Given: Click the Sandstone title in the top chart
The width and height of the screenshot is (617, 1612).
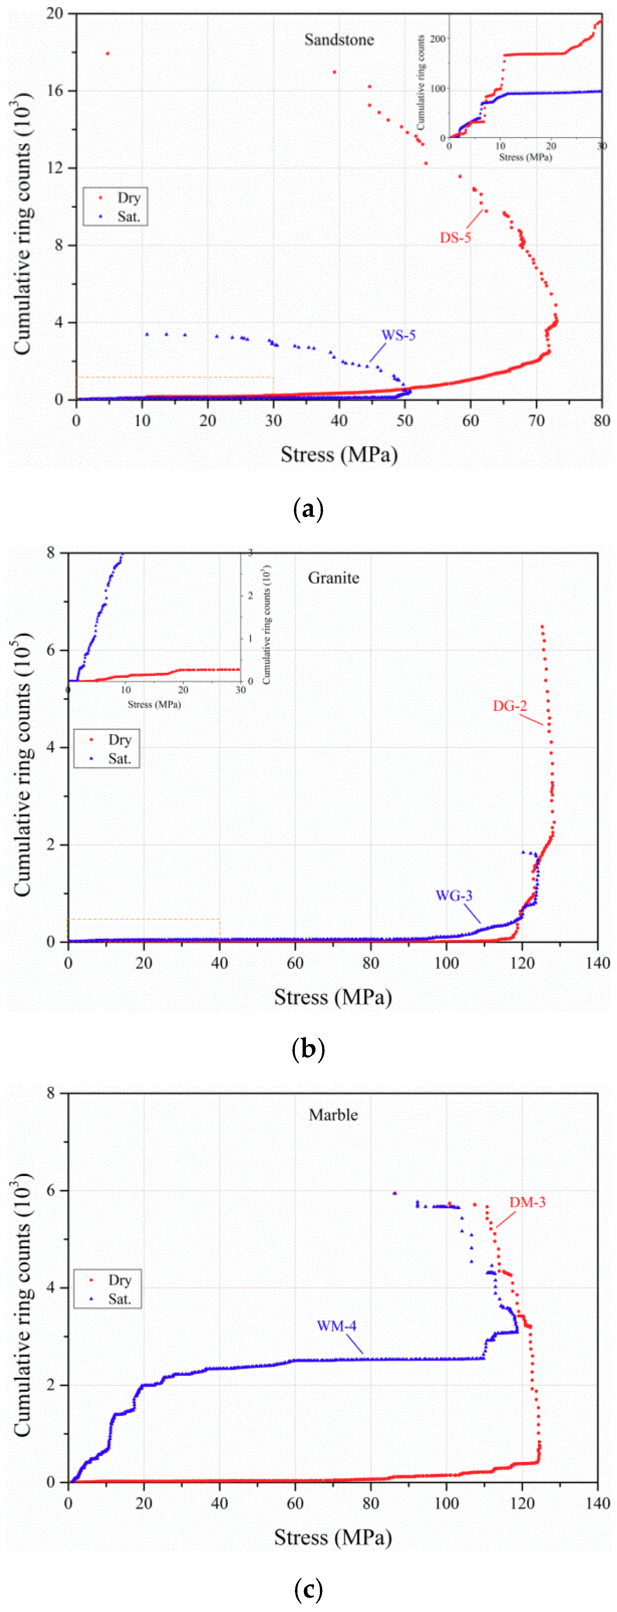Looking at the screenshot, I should tap(339, 39).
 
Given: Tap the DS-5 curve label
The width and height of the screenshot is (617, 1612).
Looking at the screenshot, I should tap(455, 238).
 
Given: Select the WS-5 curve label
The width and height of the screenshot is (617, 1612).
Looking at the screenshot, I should tap(399, 336).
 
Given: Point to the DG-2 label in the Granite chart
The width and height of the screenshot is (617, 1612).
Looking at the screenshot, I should tap(510, 706).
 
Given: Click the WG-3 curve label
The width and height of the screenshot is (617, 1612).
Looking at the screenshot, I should tap(454, 895).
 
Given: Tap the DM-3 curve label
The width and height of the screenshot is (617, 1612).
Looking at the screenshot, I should tap(527, 1202).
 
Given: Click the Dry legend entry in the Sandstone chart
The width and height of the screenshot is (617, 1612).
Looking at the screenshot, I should tap(128, 198).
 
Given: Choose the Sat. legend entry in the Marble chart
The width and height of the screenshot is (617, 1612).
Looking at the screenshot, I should tap(119, 1299).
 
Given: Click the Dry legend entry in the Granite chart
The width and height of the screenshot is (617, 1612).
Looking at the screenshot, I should tap(119, 740).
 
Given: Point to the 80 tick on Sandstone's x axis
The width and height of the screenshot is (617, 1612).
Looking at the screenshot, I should tap(602, 421).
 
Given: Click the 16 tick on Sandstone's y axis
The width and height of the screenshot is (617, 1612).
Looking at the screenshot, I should tap(55, 91).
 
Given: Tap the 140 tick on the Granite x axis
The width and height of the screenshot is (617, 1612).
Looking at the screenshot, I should tap(597, 963).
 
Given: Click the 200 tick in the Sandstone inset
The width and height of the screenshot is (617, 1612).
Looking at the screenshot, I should tap(437, 39).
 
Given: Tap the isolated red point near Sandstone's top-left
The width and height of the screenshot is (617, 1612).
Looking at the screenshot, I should tap(107, 54).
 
